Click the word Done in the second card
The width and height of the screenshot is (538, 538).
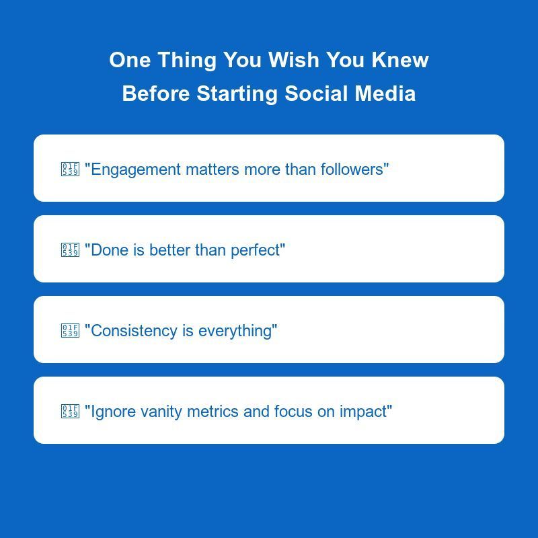[110, 250]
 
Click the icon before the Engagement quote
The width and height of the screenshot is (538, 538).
[70, 169]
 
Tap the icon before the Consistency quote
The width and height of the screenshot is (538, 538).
[70, 331]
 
